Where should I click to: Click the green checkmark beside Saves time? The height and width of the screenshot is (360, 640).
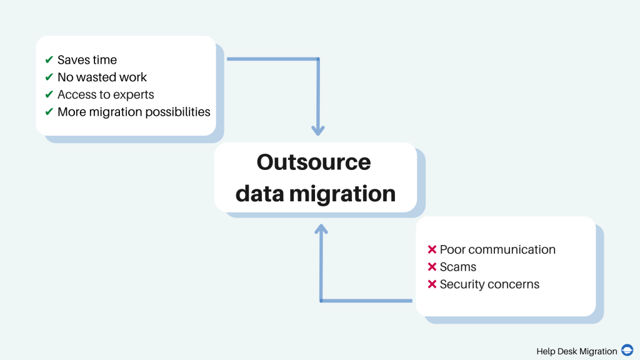tap(49, 60)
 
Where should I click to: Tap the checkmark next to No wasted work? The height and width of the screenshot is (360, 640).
tap(49, 77)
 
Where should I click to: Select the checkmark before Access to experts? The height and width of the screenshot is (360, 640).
tap(49, 95)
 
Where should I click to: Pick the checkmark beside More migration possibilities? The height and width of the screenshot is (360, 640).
tap(49, 112)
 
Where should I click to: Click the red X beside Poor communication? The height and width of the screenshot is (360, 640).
tap(431, 249)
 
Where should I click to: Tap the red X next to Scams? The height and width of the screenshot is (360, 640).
tap(431, 267)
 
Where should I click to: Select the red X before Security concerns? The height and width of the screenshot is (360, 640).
tap(431, 284)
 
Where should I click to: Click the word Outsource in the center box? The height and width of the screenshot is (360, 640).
tap(314, 162)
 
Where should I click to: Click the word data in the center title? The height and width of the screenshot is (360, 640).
tap(259, 193)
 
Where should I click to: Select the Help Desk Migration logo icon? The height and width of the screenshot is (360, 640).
tap(627, 351)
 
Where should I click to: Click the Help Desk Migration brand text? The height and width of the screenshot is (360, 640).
tap(576, 351)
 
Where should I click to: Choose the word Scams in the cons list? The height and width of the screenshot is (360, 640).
tap(458, 267)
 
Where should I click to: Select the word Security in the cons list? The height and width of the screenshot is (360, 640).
tap(462, 284)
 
